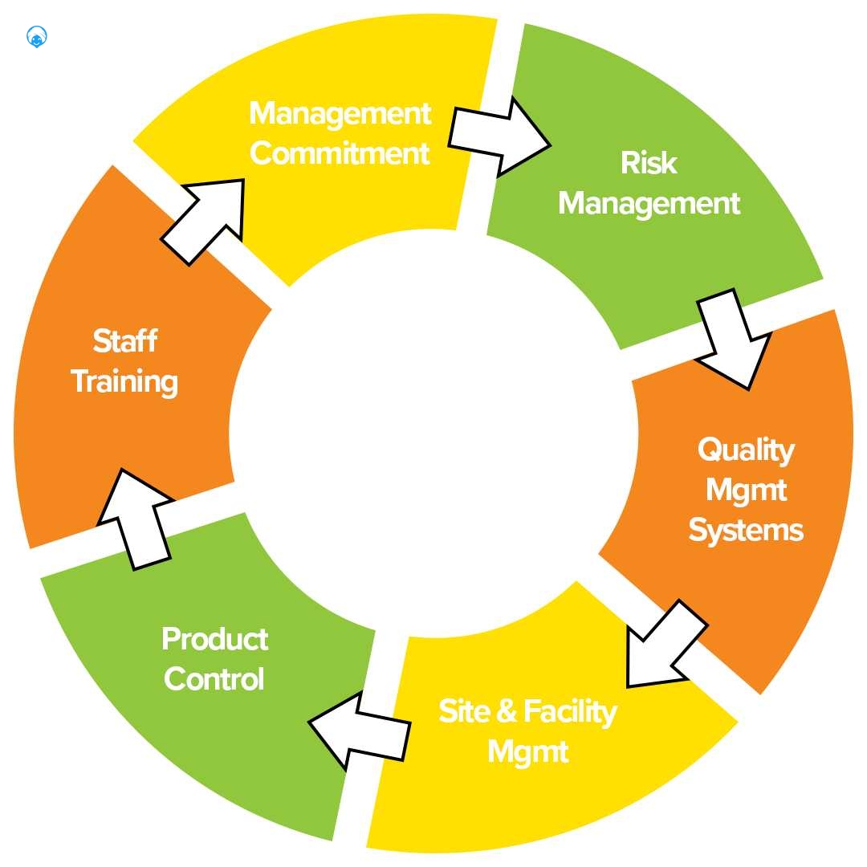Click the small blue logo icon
tap(37, 37)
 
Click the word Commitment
tap(340, 153)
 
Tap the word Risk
tap(649, 163)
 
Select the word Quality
tap(746, 450)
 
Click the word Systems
tap(746, 531)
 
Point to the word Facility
tap(570, 712)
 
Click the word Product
tap(214, 639)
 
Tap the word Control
tap(214, 679)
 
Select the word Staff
tap(124, 341)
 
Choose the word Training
tap(124, 381)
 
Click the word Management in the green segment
tap(649, 203)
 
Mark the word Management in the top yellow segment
tap(340, 113)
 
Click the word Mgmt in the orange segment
tap(746, 490)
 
